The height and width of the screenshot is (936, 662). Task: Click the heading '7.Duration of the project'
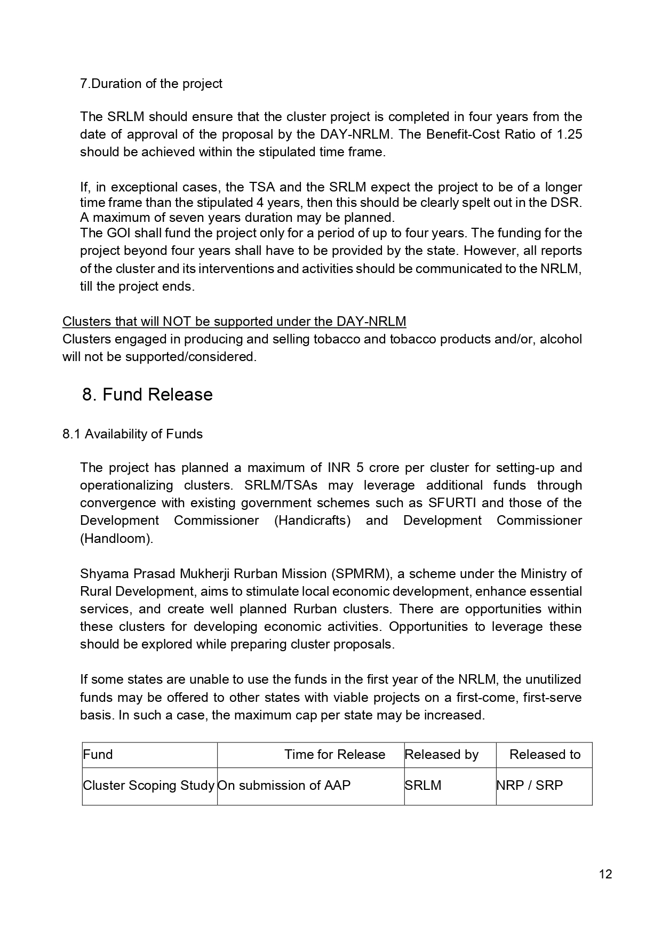click(x=151, y=84)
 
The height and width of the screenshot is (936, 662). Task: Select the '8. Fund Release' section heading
click(x=147, y=395)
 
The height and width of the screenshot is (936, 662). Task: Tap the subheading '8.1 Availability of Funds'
click(x=132, y=434)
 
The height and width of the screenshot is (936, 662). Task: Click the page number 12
click(x=605, y=874)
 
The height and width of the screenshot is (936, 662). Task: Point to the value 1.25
click(x=569, y=134)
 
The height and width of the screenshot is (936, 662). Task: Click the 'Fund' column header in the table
click(x=98, y=755)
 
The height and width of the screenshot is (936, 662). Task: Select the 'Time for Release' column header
click(x=334, y=755)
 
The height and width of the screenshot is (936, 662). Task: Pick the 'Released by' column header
click(x=442, y=755)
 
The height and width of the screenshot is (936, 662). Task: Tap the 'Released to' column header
click(x=545, y=755)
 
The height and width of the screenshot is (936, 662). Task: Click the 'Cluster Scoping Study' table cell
click(x=149, y=786)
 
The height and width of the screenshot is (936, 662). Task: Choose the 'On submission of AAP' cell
click(x=284, y=786)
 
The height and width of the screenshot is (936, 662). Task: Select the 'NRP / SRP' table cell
click(x=530, y=786)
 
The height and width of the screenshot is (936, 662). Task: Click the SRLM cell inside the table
click(x=423, y=786)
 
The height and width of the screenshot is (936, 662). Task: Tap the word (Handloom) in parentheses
click(x=116, y=539)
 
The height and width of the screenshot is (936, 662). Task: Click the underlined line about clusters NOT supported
click(x=234, y=322)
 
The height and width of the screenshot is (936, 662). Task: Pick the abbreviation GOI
click(x=118, y=233)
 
